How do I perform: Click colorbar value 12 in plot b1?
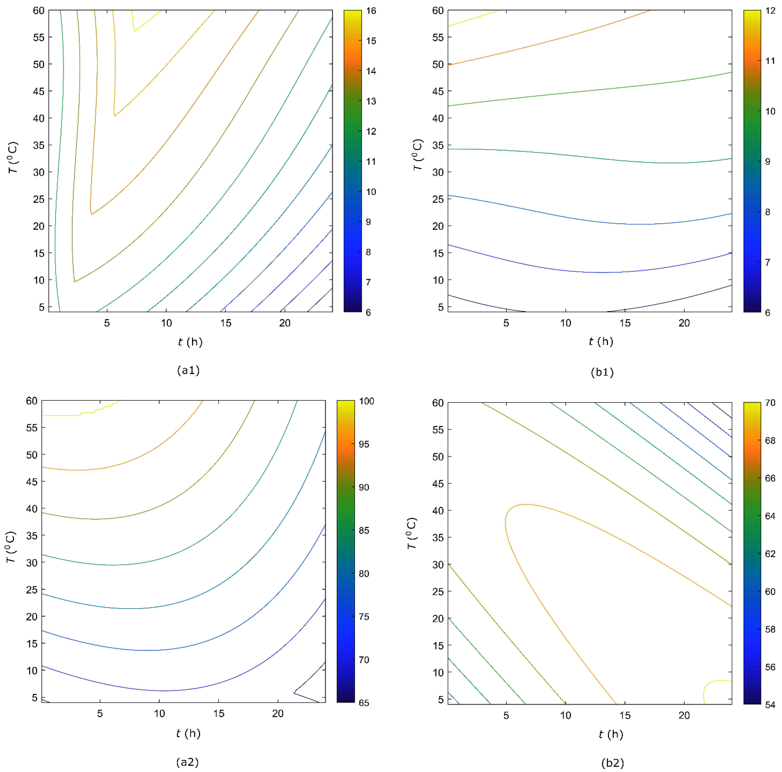(770, 11)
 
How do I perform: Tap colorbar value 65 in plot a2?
(364, 703)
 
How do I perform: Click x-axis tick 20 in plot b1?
(684, 323)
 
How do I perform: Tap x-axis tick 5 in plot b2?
(506, 715)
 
